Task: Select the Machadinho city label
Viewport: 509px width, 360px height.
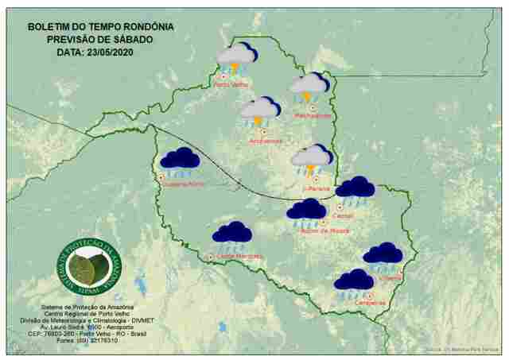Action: [313, 116]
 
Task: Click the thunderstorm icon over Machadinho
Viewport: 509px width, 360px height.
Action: [309, 87]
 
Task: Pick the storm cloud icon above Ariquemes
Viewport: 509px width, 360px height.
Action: [260, 110]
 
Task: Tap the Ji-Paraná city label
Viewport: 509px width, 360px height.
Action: [316, 188]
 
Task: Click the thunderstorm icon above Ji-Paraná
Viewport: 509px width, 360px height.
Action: [311, 159]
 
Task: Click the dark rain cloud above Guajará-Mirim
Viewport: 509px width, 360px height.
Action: [180, 161]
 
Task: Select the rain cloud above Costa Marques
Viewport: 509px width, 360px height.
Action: [232, 234]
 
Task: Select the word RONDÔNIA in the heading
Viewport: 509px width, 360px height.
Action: [146, 26]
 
